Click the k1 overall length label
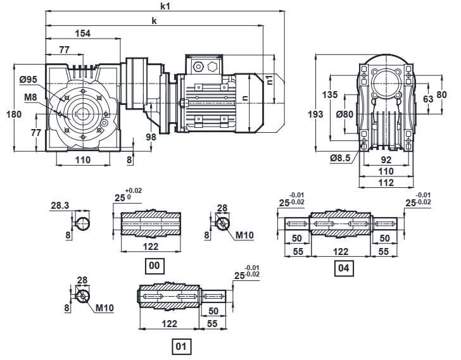165,6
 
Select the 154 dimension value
82,33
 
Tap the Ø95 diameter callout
28,79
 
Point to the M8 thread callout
30,97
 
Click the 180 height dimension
14,114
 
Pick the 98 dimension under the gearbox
151,137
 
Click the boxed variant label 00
155,266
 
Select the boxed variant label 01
181,346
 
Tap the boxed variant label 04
344,268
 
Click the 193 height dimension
316,114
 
